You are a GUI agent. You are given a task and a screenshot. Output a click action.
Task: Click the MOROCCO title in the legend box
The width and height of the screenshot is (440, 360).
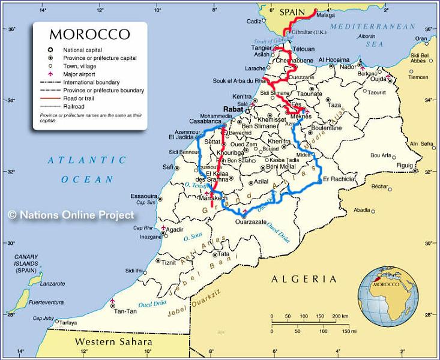[89, 34]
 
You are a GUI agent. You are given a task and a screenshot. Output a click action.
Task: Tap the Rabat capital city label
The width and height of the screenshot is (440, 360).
[232, 109]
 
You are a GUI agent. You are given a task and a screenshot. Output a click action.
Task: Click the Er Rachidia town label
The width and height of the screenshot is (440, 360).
[340, 179]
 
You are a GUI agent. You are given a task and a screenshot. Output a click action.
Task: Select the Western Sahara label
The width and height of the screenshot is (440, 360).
[113, 342]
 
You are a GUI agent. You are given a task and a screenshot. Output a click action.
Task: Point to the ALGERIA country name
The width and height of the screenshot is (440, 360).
[304, 279]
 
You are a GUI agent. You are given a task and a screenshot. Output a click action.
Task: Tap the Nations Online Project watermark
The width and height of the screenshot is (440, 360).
[71, 214]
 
